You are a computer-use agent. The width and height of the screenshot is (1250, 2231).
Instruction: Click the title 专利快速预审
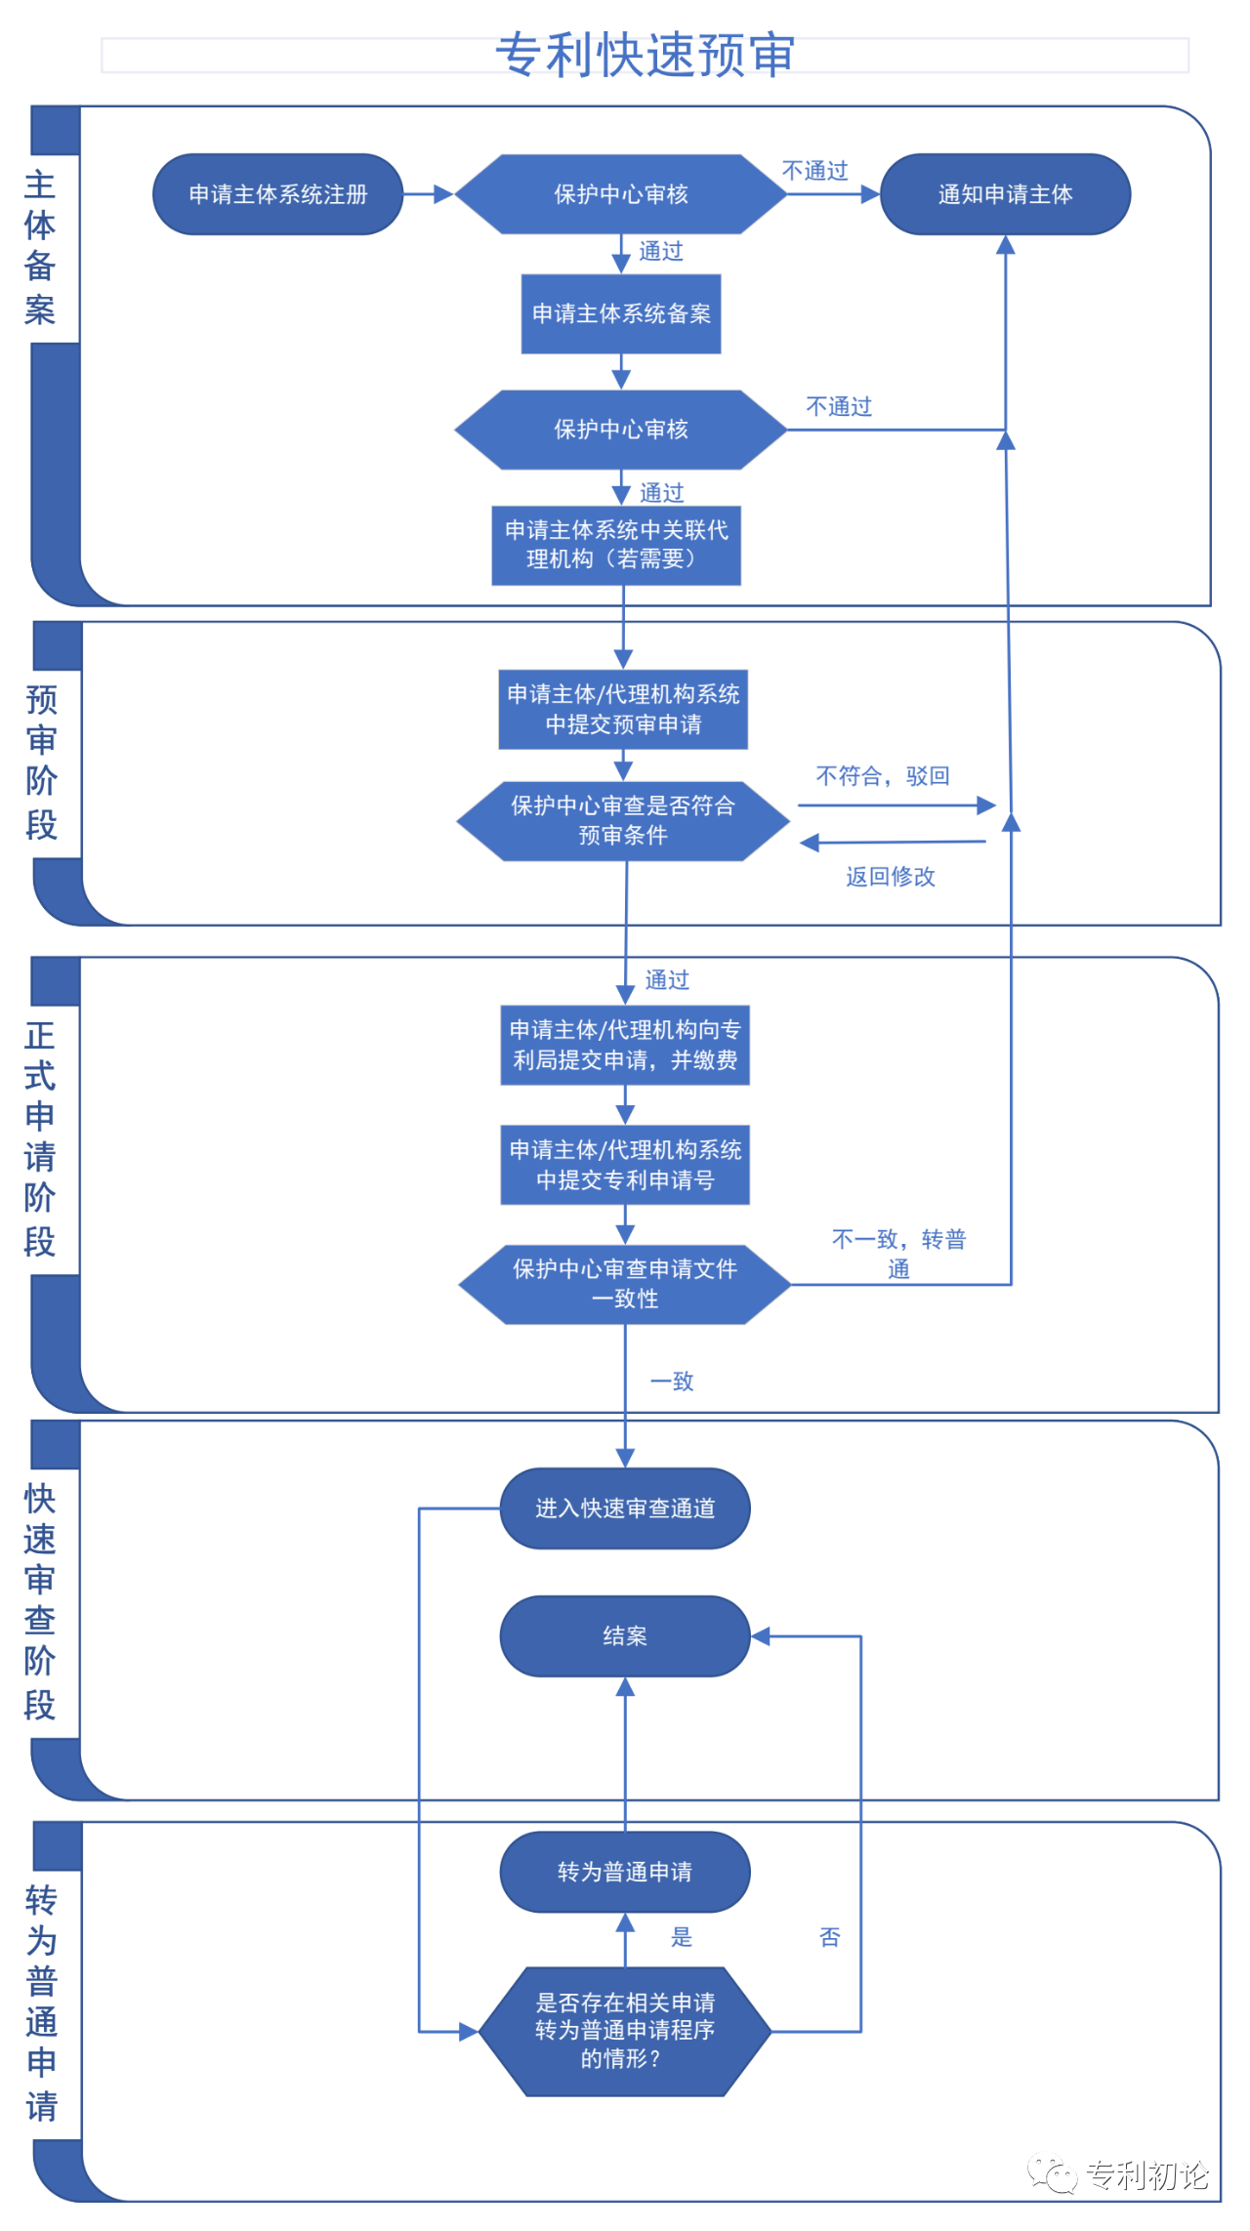pos(645,55)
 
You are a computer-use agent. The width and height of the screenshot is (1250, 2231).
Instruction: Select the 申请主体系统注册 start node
pos(278,194)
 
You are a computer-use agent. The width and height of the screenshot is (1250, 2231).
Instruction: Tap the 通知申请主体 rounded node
pos(1005,194)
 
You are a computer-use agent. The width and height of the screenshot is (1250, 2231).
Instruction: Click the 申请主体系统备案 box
pos(621,313)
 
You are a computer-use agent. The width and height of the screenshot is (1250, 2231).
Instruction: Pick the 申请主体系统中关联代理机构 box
pos(616,545)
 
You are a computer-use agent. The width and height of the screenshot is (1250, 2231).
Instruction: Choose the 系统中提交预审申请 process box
pos(623,709)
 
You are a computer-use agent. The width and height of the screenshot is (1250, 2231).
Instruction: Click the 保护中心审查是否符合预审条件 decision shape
pos(623,820)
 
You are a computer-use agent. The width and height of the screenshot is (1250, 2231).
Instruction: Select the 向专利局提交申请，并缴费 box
pos(625,1045)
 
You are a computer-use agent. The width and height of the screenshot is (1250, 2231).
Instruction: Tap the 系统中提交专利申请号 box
pos(625,1165)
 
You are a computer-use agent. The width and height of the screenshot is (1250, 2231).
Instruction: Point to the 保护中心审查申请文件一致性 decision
pos(625,1284)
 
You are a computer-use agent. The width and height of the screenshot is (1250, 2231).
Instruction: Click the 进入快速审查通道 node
pos(625,1508)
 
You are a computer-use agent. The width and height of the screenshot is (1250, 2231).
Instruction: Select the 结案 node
pos(625,1636)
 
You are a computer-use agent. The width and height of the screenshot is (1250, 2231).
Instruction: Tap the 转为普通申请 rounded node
pos(625,1872)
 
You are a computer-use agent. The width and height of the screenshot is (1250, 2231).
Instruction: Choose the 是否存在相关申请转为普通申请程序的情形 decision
pos(625,2031)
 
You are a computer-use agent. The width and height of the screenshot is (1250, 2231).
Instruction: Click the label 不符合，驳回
pos(883,776)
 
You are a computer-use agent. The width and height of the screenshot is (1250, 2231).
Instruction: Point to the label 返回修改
pos(891,877)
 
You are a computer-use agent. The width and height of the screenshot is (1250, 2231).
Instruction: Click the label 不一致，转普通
pos(898,1255)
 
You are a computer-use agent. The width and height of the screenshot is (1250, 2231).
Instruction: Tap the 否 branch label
pos(830,1937)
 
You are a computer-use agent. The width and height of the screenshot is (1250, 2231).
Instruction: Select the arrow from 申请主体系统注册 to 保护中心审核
pos(429,194)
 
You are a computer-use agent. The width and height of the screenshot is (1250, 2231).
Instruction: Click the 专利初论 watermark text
pos(1147,2174)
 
